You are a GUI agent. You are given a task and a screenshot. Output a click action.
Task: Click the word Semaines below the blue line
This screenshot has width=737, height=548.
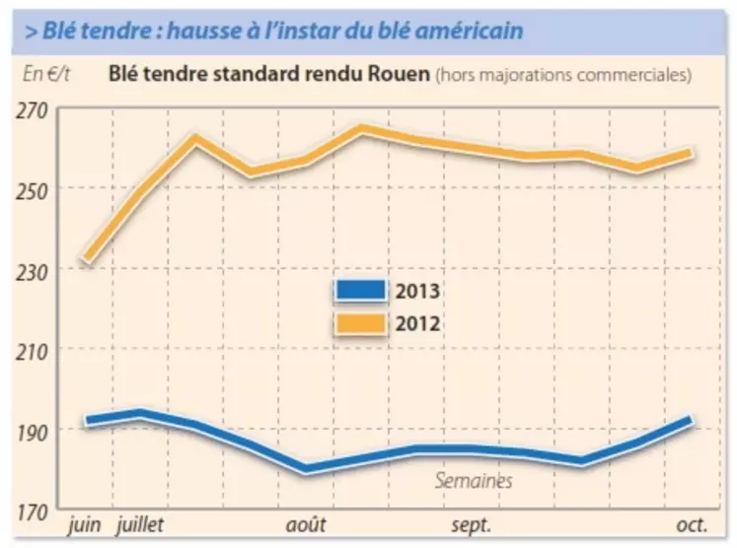click(x=474, y=481)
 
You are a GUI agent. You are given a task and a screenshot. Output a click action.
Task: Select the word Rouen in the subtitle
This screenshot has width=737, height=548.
click(x=399, y=74)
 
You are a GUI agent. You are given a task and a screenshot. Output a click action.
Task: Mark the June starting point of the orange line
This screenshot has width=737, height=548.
click(x=87, y=261)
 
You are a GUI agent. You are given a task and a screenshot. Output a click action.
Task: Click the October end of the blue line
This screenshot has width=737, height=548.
click(x=690, y=420)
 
